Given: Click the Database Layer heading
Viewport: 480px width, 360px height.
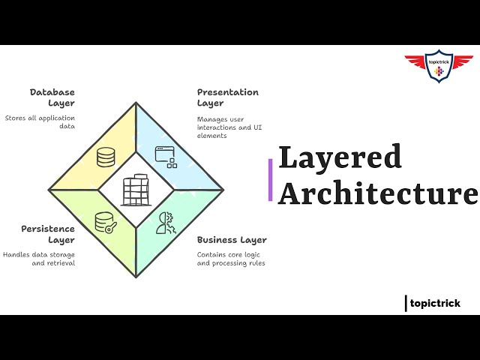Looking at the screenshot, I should (x=52, y=97).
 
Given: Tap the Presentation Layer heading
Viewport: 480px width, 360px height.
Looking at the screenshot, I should (x=227, y=97).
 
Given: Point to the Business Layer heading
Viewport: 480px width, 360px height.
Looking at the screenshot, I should (x=232, y=240).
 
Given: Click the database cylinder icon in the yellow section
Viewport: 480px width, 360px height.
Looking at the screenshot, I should (x=105, y=157).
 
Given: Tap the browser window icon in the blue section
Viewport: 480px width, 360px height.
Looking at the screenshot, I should (x=166, y=156).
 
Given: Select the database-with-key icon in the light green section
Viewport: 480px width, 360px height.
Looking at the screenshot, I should (x=104, y=223).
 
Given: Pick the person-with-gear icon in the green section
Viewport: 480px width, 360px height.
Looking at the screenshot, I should (x=166, y=223).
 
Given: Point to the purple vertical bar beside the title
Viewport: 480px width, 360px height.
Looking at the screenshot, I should (x=270, y=180).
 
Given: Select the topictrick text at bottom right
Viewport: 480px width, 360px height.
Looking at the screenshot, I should (x=436, y=303).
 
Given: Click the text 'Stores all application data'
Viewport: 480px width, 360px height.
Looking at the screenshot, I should (x=40, y=122).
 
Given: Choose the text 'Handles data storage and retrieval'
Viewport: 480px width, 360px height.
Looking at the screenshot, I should (x=39, y=259).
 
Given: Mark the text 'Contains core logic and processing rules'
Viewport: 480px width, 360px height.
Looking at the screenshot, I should (x=231, y=259).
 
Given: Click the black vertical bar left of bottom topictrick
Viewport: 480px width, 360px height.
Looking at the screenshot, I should (x=406, y=303).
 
